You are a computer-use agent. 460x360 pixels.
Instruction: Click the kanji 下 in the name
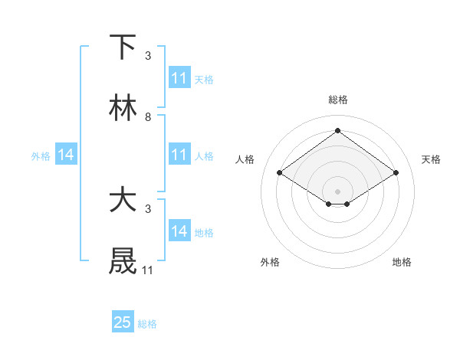coord(123,47)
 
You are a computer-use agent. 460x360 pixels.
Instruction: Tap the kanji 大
coord(123,201)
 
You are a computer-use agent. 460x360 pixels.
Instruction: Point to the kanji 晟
coord(123,262)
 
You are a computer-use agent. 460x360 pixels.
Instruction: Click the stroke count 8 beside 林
coord(148,117)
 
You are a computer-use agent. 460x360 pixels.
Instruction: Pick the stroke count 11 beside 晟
coord(148,270)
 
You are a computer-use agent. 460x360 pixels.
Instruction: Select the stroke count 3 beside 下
coord(148,56)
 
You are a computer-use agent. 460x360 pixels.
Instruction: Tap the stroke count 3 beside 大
coord(148,208)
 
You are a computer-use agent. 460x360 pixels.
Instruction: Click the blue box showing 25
coord(123,322)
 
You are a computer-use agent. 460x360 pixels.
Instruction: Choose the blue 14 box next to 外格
coord(66,155)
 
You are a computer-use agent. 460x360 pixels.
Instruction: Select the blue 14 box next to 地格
coord(179,231)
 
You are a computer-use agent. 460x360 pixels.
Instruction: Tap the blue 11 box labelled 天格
coord(179,78)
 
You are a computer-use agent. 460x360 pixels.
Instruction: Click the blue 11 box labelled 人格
coord(179,155)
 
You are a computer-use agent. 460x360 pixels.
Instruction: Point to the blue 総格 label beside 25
coord(147,323)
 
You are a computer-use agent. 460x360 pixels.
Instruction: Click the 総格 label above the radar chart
coord(337,100)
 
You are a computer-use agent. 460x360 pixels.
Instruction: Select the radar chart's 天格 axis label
coord(431,159)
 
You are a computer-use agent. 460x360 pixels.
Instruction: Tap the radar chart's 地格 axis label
coord(402,262)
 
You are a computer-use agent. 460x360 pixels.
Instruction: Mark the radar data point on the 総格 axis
coord(337,131)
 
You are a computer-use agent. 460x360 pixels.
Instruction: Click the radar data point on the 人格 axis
coord(280,173)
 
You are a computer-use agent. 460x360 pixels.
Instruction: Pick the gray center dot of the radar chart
coord(337,191)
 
